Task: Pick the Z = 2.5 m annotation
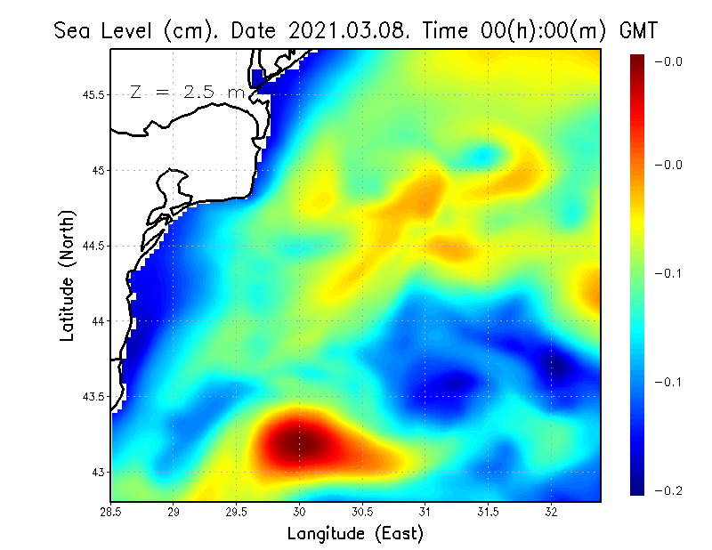(187, 92)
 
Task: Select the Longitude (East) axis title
(355, 534)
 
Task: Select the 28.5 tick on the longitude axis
(111, 512)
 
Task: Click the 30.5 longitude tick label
(362, 512)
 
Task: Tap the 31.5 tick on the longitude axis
(488, 512)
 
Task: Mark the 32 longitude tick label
(551, 512)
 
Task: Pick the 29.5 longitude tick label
(237, 512)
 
